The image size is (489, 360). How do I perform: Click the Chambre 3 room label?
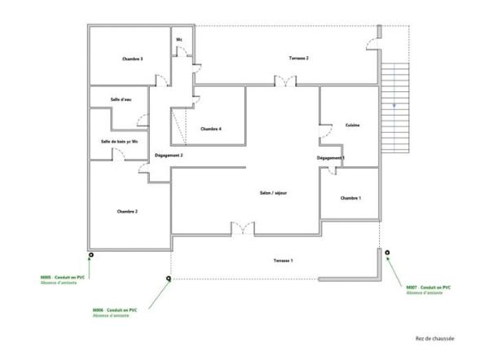pos(133,59)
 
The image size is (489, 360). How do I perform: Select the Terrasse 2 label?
pos(298,59)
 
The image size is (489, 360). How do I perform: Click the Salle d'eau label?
pos(122,100)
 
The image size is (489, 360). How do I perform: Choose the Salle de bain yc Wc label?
pos(119,142)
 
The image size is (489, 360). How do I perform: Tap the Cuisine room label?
pos(352,125)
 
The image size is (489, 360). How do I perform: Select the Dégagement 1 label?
pos(331,157)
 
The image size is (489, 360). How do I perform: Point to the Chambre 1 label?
pos(350,198)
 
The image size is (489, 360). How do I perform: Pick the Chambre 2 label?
pos(126,211)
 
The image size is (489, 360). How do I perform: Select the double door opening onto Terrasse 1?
pos(242,229)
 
